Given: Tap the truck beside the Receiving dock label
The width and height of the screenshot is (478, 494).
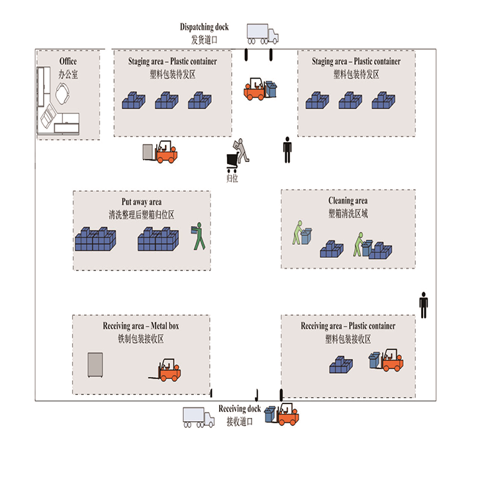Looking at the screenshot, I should [x=198, y=416].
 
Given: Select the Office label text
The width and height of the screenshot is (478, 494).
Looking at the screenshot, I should [x=68, y=62].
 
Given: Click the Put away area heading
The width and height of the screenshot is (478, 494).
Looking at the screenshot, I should [x=141, y=202].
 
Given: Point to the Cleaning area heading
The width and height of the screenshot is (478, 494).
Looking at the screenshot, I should [x=348, y=201].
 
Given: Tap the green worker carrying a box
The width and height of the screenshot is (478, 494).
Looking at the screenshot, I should [x=199, y=236].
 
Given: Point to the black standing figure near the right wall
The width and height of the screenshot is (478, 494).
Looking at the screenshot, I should [x=424, y=305].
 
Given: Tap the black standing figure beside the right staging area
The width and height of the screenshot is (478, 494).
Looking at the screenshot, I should [x=287, y=149].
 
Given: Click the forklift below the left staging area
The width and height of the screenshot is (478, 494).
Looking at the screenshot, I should [x=161, y=153].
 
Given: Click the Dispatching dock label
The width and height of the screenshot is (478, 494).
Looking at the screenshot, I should [x=205, y=27].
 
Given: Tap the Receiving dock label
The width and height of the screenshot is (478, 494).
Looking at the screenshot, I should [x=240, y=409].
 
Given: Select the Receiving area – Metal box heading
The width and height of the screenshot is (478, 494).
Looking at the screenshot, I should [x=140, y=326].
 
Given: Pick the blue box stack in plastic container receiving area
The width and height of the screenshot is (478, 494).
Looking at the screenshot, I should [x=344, y=364].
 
